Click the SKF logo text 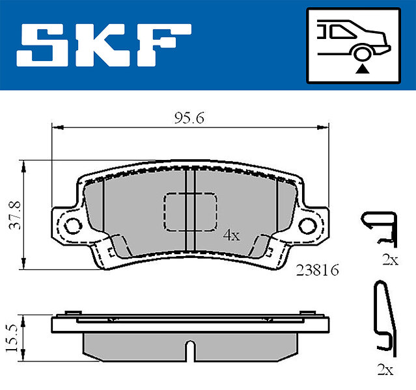(104, 45)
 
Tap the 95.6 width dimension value (189, 118)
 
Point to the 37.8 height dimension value (14, 215)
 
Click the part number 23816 (317, 270)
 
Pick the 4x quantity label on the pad (231, 235)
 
